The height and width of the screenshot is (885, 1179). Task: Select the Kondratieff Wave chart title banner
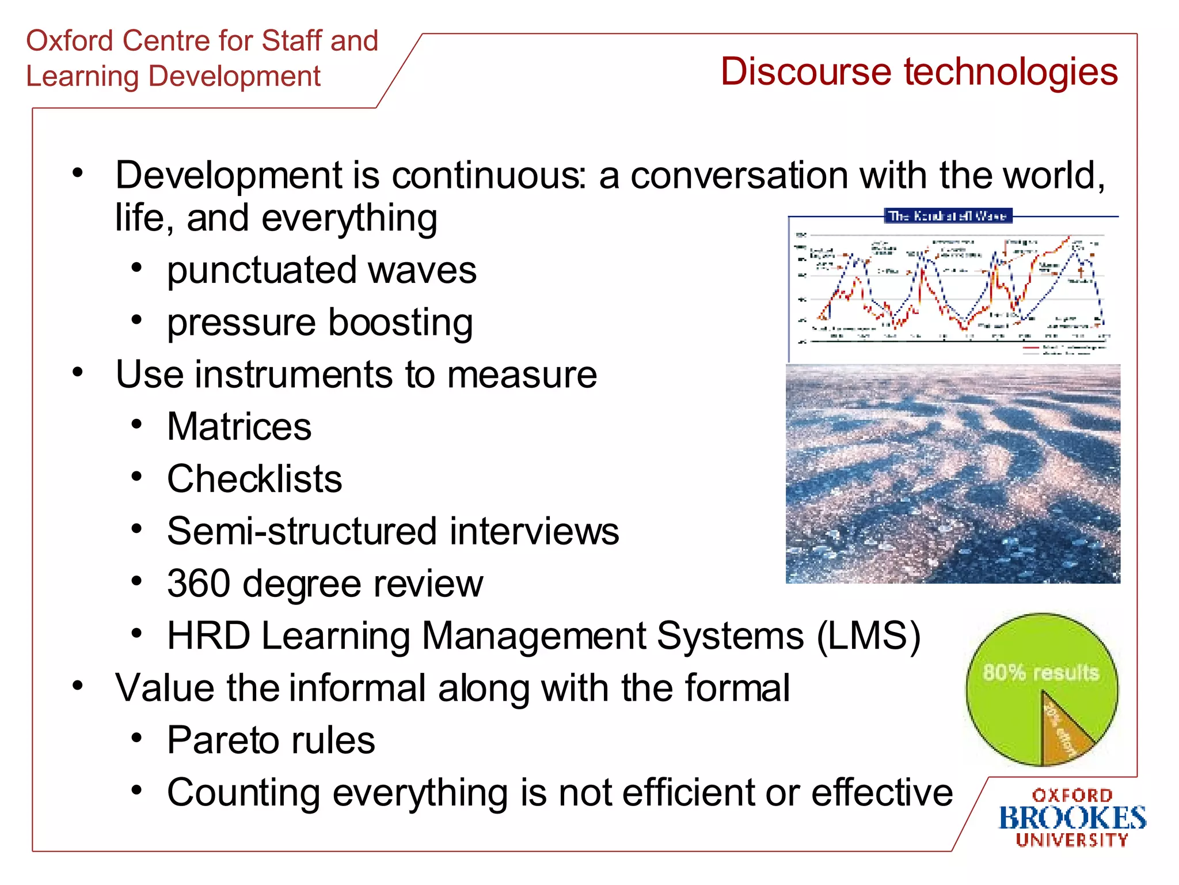(x=948, y=216)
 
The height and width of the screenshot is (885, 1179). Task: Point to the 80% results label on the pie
(x=1041, y=672)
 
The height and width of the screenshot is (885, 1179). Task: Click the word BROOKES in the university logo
(x=1072, y=818)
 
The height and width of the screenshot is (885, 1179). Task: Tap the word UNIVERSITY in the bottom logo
(x=1072, y=840)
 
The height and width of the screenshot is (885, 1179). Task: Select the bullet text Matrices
(x=239, y=427)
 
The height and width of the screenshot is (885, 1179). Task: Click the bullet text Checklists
(x=254, y=479)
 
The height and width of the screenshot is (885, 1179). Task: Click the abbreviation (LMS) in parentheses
(x=869, y=636)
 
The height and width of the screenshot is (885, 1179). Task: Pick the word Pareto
(x=224, y=740)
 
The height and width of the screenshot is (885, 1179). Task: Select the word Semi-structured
(x=303, y=531)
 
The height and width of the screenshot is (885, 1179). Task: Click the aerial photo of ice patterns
(x=953, y=474)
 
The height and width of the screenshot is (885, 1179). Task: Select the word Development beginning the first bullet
(x=229, y=175)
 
